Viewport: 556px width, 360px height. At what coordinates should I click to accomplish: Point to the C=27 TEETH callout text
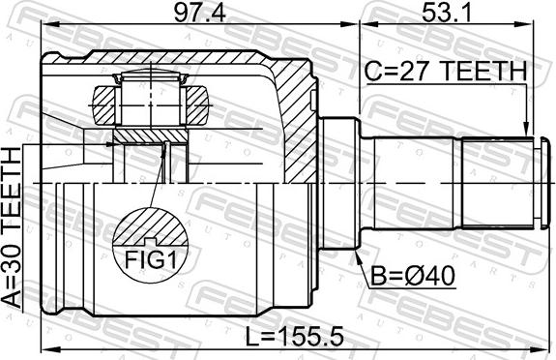coord(446,71)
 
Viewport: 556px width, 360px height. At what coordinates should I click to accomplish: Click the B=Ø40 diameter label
coord(412,276)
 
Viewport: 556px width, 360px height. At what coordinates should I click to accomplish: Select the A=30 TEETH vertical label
coord(12,227)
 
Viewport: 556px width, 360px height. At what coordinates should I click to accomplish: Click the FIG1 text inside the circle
coord(150,260)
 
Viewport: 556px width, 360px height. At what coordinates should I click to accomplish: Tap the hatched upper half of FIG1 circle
coord(150,227)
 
